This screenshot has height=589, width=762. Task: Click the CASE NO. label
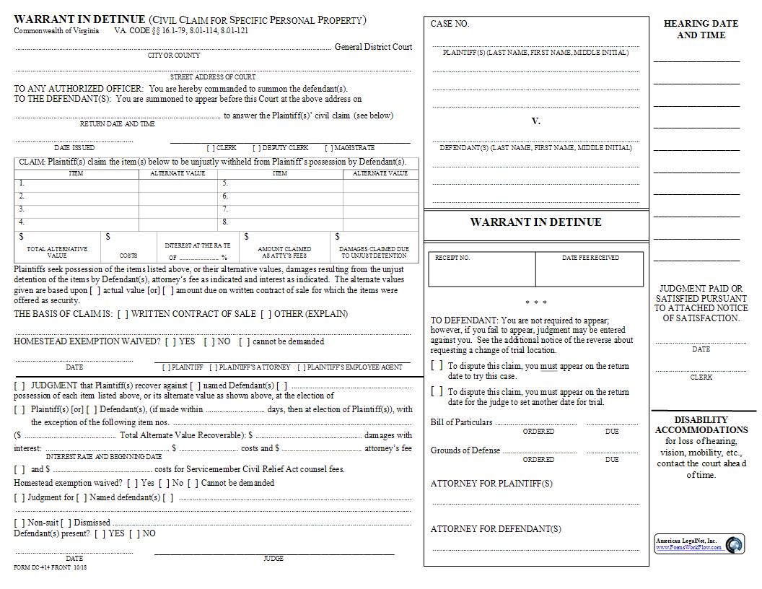coord(450,24)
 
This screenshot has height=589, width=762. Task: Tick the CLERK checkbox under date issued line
coord(211,148)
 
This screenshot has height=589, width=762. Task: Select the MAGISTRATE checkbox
coord(328,148)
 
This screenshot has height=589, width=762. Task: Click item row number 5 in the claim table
coord(226,183)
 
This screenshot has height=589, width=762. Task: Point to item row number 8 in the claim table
coord(226,222)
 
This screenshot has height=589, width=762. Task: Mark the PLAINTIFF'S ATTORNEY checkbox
coord(214,367)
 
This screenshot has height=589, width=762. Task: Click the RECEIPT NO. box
coord(482,270)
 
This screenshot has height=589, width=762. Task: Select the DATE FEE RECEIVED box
coord(590,270)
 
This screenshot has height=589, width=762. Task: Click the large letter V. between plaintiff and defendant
coord(535,121)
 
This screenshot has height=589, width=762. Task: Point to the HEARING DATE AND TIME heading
coord(701,29)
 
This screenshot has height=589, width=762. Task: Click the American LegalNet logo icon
coord(735,544)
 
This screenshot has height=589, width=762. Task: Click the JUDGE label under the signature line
coord(273,559)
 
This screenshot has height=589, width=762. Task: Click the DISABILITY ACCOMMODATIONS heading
coord(701,424)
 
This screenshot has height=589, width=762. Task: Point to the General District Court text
coord(373,47)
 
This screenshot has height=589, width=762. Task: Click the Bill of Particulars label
coord(461,422)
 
